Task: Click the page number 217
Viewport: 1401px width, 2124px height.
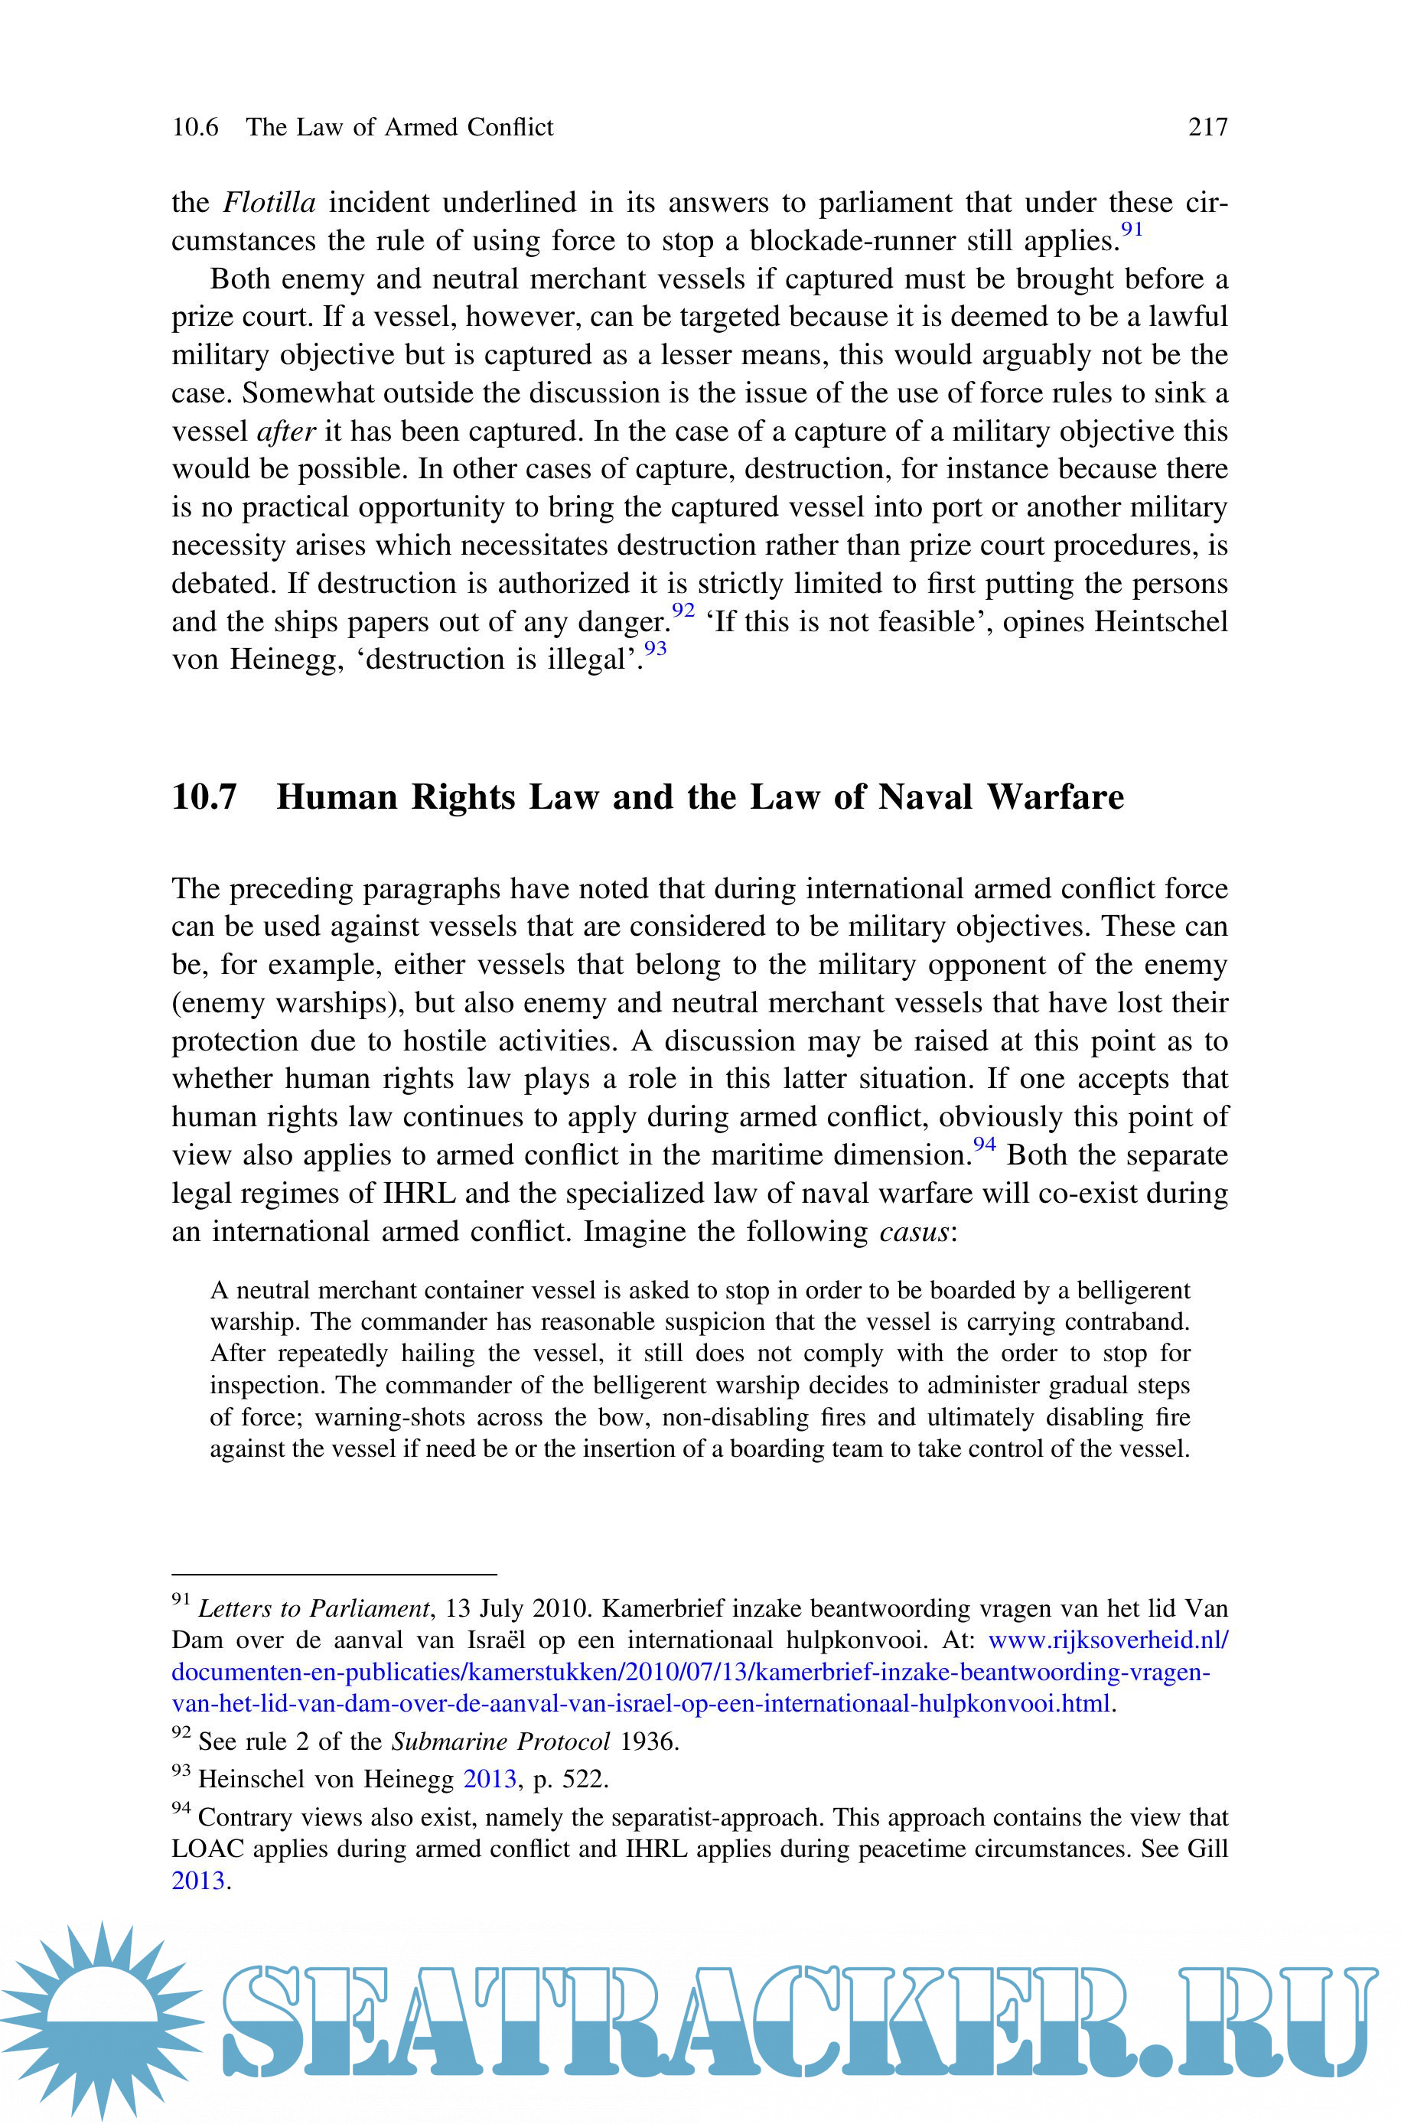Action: click(x=1207, y=128)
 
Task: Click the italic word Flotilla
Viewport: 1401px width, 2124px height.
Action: click(x=269, y=203)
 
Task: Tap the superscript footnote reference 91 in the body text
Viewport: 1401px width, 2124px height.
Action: click(x=1132, y=230)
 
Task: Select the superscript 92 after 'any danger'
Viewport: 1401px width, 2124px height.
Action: click(x=683, y=610)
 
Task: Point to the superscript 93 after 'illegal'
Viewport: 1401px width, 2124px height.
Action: click(x=655, y=649)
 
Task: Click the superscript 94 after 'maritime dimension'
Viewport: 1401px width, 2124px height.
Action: click(x=984, y=1144)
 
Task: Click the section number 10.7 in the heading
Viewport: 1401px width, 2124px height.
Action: click(x=204, y=796)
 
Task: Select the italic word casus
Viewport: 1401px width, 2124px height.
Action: click(x=913, y=1232)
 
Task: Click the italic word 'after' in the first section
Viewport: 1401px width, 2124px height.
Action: click(x=286, y=432)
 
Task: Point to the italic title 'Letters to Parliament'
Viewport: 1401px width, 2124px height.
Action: click(x=314, y=1608)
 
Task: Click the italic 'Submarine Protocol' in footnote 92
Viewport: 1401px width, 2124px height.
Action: click(x=500, y=1741)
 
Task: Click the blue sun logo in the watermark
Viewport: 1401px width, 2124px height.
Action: click(x=100, y=2018)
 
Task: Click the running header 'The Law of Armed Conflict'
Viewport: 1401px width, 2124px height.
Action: click(x=399, y=128)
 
